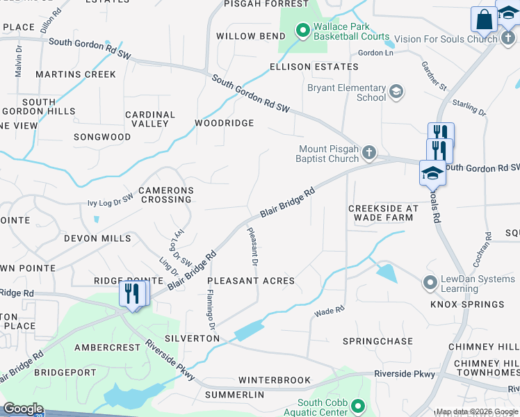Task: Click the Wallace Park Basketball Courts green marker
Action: [302, 30]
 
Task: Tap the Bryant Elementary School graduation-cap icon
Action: [396, 92]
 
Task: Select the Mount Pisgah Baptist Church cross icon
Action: [369, 152]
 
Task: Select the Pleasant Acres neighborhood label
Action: [250, 281]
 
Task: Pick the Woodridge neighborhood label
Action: [224, 123]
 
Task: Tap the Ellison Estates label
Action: [314, 67]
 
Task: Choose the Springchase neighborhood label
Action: [377, 341]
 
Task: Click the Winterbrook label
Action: [274, 380]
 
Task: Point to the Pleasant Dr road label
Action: [252, 247]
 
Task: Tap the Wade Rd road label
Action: [330, 311]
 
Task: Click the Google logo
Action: [23, 409]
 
